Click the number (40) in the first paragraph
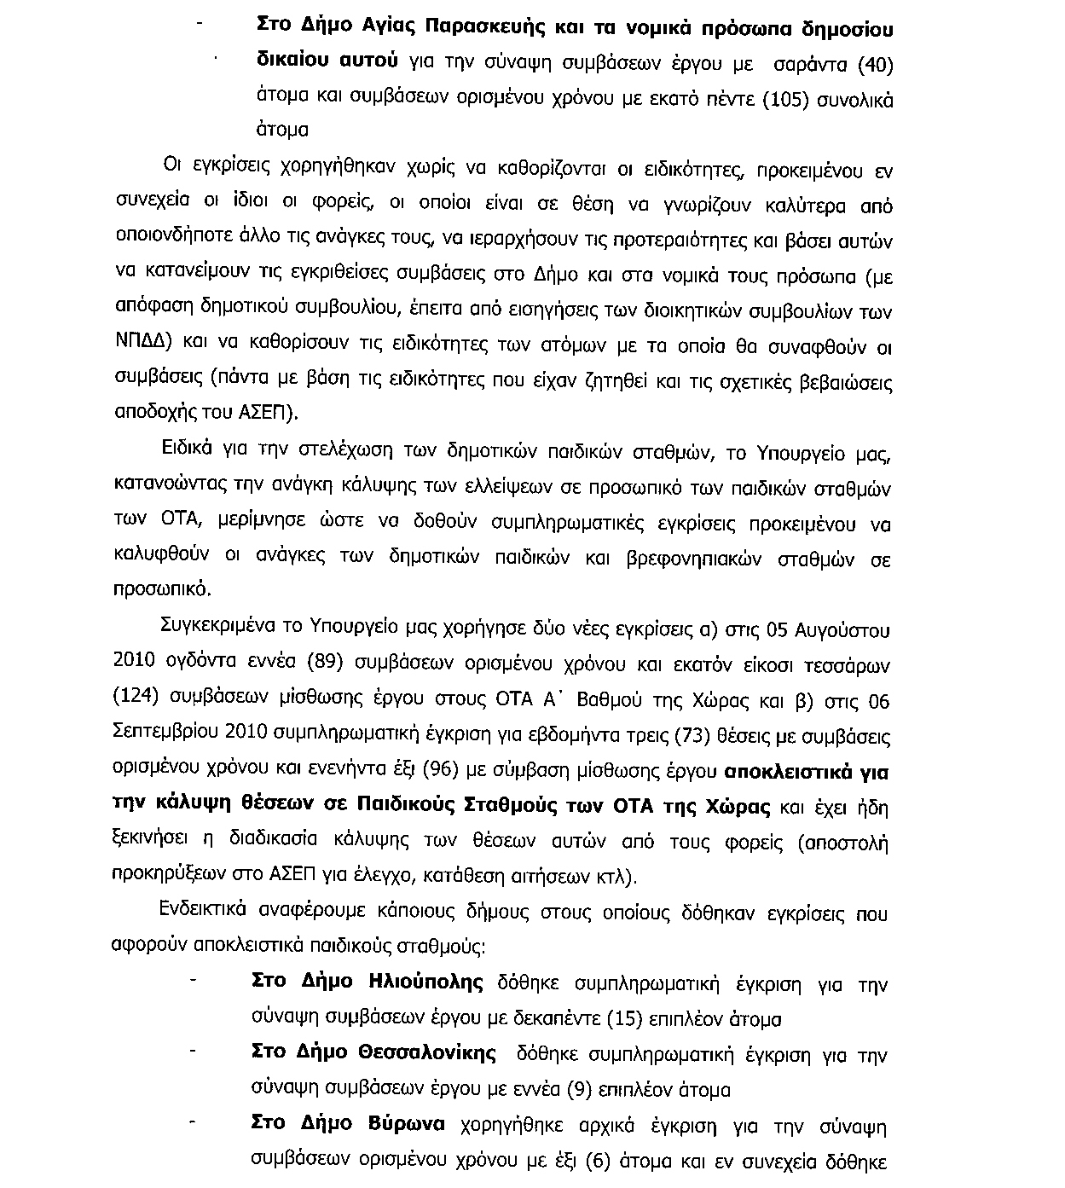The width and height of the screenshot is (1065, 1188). point(874,64)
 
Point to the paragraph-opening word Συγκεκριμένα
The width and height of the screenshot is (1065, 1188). point(218,629)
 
